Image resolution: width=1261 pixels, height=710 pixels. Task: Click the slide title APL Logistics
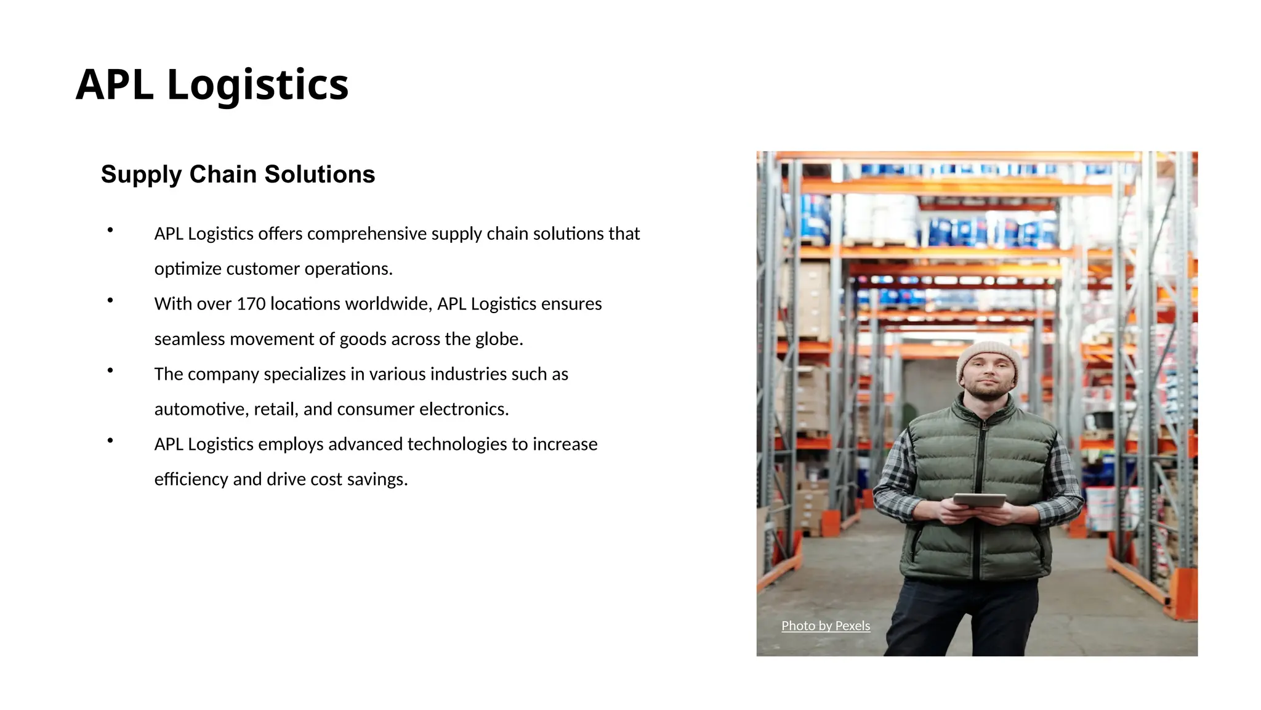click(212, 84)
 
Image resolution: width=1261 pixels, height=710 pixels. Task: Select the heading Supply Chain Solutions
click(238, 174)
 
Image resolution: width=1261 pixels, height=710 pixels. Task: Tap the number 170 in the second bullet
click(251, 304)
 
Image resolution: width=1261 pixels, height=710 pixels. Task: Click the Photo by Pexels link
click(826, 626)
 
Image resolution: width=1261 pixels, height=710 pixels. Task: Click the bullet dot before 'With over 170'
click(110, 301)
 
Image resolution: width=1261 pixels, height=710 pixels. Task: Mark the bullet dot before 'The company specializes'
click(110, 371)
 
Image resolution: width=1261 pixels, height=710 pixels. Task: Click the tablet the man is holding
click(979, 499)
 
